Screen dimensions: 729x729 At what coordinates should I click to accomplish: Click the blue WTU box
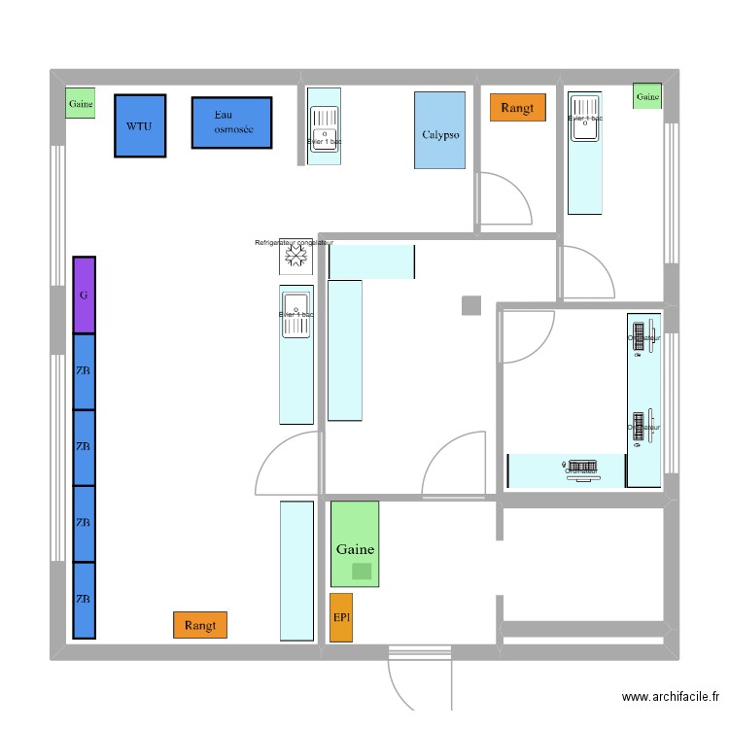click(x=140, y=125)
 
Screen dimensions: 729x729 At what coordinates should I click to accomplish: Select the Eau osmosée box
click(x=230, y=122)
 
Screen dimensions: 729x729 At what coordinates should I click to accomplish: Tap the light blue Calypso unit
click(x=439, y=130)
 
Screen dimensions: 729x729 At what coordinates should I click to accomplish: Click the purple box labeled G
click(x=85, y=295)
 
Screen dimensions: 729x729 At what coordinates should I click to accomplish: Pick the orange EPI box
click(x=341, y=617)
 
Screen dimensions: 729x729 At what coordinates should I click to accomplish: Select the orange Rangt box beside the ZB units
click(x=199, y=625)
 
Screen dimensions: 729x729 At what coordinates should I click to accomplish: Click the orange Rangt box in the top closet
click(x=518, y=108)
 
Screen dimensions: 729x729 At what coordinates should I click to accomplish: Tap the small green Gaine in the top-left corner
click(x=81, y=103)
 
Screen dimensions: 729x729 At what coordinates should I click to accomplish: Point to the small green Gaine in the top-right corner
click(x=647, y=96)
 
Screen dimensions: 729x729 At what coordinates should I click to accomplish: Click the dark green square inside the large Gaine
click(x=362, y=572)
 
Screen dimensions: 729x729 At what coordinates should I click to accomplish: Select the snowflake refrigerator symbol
click(x=295, y=257)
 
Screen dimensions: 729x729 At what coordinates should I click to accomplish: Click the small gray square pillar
click(x=470, y=305)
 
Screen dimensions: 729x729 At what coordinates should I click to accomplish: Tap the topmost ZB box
click(x=85, y=371)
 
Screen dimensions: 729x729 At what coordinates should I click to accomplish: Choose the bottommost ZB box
click(x=85, y=600)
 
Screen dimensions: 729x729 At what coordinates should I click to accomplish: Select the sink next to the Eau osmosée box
click(x=324, y=125)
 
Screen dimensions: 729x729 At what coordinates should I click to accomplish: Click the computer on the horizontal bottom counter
click(x=582, y=469)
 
